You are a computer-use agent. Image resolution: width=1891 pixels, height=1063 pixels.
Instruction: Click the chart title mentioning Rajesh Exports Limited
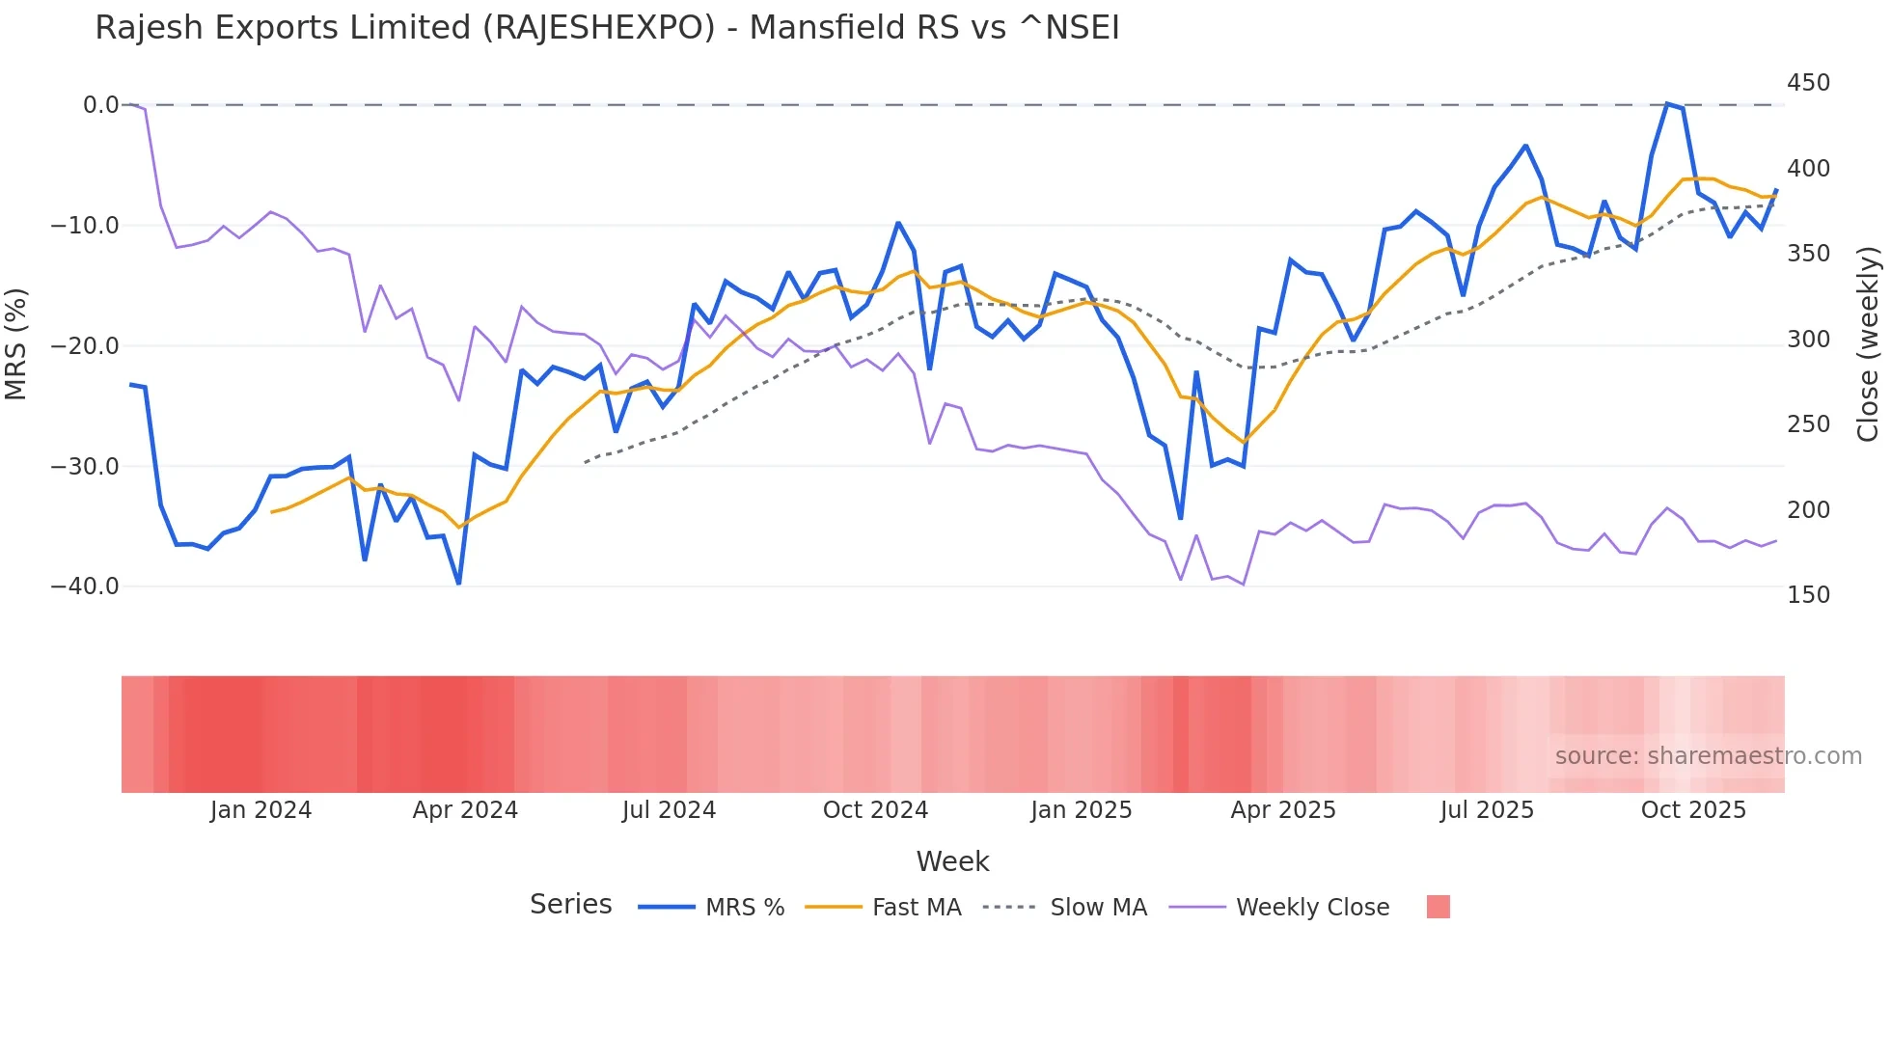607,28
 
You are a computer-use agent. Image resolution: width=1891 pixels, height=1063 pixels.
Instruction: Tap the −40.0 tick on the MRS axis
85,586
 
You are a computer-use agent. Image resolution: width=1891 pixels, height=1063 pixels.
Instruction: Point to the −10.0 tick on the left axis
85,226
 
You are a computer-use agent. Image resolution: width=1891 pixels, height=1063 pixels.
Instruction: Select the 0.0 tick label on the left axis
100,105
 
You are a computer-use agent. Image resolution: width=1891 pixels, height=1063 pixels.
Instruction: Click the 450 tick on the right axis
1808,83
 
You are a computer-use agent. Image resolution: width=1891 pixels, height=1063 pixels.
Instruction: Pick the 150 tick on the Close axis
1808,595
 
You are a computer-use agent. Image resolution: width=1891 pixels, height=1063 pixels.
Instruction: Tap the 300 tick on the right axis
1808,340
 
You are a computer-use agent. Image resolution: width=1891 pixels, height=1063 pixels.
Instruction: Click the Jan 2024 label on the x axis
260,810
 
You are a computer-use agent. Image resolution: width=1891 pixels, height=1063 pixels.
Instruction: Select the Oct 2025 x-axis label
1693,810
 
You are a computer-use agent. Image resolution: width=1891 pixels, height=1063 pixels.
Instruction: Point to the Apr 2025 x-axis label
1283,810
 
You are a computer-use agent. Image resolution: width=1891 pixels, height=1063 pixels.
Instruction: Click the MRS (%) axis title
16,343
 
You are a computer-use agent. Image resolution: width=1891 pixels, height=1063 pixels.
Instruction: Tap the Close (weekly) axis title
1868,343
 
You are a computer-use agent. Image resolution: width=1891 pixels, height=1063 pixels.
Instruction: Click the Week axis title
952,861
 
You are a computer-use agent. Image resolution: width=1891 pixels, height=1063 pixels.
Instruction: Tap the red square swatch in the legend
1438,907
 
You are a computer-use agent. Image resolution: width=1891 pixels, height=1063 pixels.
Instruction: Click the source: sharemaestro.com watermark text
1708,756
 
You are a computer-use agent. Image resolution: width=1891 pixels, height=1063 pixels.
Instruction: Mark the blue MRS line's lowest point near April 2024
458,584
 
